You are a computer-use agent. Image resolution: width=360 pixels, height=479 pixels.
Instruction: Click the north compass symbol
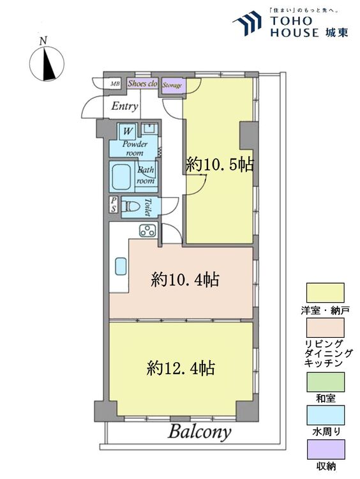pos(47,63)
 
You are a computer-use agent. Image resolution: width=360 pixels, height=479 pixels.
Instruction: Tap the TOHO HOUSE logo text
pos(294,27)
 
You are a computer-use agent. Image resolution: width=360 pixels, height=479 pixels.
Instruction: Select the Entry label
pos(124,106)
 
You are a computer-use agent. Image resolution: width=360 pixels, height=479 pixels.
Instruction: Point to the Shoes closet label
pos(142,84)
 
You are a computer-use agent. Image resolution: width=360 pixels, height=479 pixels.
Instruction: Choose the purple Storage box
pos(172,84)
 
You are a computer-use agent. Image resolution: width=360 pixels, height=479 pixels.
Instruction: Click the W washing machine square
pos(128,131)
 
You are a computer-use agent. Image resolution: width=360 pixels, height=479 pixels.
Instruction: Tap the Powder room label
pos(135,148)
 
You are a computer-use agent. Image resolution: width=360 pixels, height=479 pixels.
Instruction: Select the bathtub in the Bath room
pos(122,177)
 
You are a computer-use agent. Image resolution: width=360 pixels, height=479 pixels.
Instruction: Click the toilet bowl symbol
pos(133,206)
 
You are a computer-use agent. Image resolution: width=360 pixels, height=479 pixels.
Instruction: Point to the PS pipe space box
pos(114,205)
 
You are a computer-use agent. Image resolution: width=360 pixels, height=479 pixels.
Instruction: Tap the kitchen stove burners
pos(148,231)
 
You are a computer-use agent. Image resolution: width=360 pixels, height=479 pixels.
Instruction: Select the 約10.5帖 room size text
pos(220,165)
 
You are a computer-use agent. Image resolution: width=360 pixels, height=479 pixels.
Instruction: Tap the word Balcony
pos(199,432)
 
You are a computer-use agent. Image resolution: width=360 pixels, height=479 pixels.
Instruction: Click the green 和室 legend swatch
pos(325,382)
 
